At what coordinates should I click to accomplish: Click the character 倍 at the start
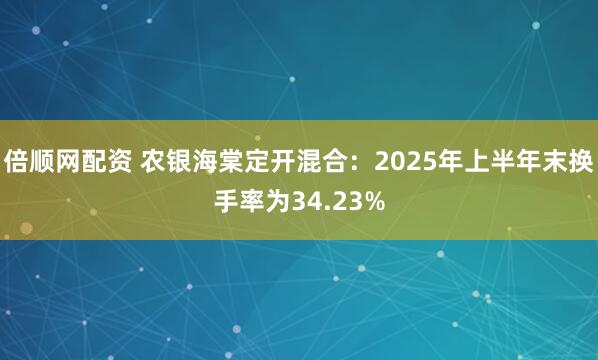(15, 159)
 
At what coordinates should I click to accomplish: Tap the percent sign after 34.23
(374, 202)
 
